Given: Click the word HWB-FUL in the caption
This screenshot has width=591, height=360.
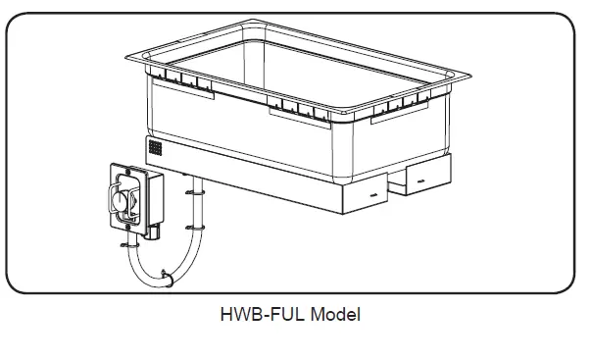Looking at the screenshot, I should pyautogui.click(x=250, y=316).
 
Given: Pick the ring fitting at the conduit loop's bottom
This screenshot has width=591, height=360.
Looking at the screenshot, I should pyautogui.click(x=170, y=282).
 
